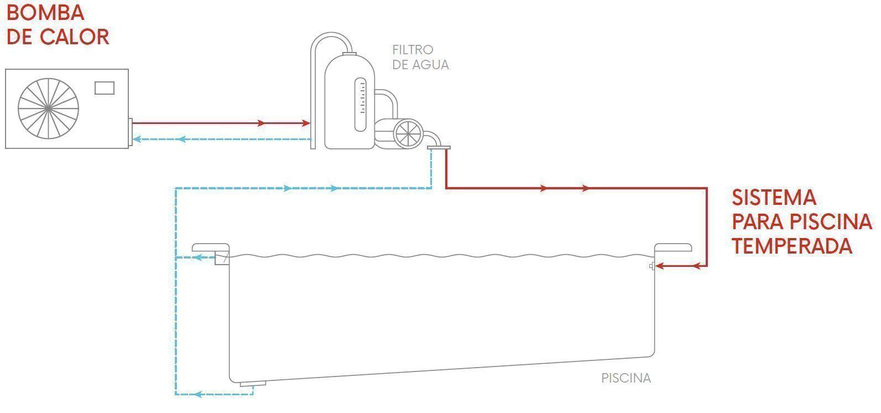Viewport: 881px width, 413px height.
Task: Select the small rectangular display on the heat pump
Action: pos(105,87)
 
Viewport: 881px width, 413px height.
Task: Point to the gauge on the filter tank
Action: pos(360,105)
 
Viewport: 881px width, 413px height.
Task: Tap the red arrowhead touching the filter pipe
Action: pos(305,123)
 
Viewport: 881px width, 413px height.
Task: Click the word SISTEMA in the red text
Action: pos(774,198)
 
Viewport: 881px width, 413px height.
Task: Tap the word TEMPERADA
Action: pos(792,246)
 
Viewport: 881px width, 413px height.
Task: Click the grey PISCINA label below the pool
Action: pos(626,379)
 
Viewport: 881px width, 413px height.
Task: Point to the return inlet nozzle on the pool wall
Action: pos(652,266)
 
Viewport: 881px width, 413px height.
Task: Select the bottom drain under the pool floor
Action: pos(253,384)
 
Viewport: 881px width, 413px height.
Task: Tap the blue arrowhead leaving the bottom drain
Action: pos(196,394)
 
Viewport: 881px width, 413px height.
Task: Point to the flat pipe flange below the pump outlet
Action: pos(439,147)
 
